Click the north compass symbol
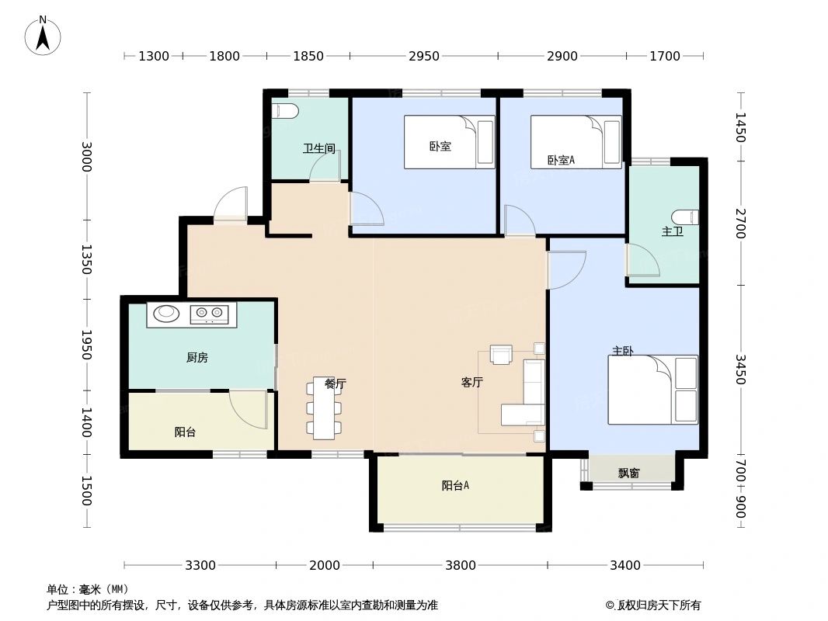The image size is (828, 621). [x=43, y=36]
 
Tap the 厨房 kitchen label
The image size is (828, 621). [x=197, y=358]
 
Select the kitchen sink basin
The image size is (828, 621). [x=166, y=314]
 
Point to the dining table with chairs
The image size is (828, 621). [x=324, y=408]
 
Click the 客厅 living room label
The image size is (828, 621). [x=472, y=382]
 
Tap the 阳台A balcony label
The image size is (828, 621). [x=455, y=486]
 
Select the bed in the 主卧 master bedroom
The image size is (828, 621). [x=652, y=390]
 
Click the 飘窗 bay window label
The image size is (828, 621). [x=629, y=472]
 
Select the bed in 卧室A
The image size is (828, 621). [x=576, y=141]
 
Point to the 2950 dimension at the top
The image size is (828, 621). [x=424, y=56]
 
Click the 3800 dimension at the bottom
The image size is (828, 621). [x=461, y=565]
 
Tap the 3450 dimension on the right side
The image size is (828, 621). [x=740, y=369]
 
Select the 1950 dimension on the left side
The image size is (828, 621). [x=87, y=345]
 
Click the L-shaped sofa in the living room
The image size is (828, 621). [x=525, y=397]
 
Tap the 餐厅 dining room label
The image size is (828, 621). [x=335, y=383]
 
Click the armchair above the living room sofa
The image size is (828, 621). [x=502, y=355]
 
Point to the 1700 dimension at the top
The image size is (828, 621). [x=665, y=56]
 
